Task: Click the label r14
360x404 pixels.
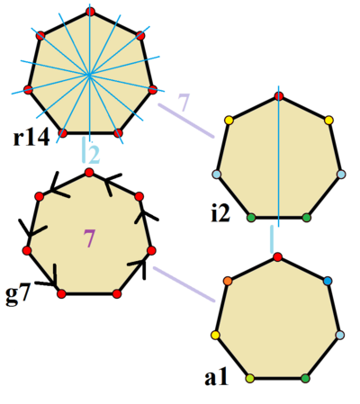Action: [x=31, y=139]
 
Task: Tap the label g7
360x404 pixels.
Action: [x=18, y=295]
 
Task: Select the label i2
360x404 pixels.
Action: [x=220, y=213]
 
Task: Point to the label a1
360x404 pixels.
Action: [x=216, y=377]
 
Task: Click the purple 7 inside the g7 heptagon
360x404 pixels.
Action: [x=89, y=238]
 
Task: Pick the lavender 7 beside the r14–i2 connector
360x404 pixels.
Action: [x=184, y=102]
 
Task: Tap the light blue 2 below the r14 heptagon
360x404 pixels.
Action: [x=94, y=155]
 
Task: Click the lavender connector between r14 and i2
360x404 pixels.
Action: [x=186, y=121]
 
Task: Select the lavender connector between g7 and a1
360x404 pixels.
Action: [x=184, y=284]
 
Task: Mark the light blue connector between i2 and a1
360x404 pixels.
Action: [x=272, y=239]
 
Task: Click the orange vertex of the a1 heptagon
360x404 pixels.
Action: [x=228, y=281]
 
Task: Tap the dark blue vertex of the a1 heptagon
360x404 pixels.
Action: [x=328, y=281]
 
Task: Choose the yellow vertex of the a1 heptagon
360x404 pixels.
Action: [x=215, y=335]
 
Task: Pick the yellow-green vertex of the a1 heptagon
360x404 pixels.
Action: [x=250, y=378]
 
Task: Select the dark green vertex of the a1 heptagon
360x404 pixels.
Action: [x=305, y=378]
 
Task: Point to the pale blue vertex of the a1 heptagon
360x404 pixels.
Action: [x=340, y=335]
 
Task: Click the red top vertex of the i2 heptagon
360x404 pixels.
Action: [x=279, y=96]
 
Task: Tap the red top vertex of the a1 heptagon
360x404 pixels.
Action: [x=278, y=257]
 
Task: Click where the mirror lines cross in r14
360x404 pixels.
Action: [x=89, y=75]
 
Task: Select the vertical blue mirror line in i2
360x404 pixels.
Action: [x=279, y=156]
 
